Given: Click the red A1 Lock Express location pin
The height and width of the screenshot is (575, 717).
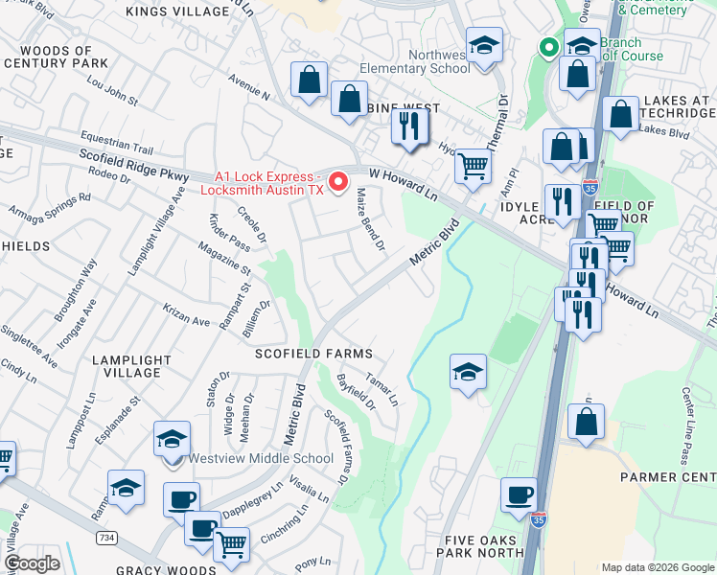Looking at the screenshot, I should coord(337,180).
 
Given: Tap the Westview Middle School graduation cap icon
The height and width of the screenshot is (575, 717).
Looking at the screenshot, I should coord(171,440).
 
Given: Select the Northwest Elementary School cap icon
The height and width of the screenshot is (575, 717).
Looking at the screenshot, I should coord(485,45).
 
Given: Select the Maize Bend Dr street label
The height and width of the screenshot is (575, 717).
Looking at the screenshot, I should coord(369,219).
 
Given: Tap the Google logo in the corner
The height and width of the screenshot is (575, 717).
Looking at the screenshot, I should coord(33,563).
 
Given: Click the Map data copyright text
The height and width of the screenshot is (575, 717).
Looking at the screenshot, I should coord(657,566).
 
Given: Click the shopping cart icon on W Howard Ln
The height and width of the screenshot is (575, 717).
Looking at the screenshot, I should coord(473,165).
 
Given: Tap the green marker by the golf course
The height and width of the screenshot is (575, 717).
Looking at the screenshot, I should coord(549,46).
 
